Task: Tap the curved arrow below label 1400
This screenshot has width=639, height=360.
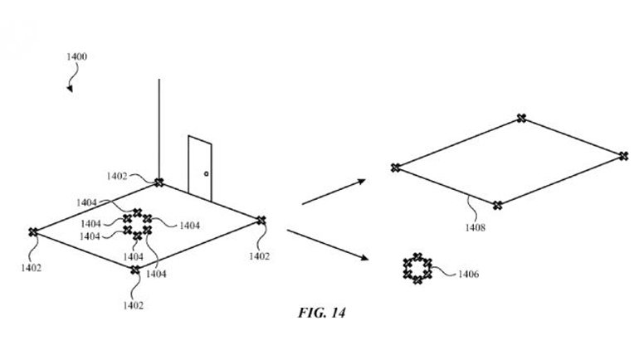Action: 71,80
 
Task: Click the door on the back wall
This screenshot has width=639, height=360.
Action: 199,166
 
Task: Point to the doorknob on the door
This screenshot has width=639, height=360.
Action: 206,175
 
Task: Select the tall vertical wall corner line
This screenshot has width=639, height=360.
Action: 159,124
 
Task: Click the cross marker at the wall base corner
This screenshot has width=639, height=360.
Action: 159,182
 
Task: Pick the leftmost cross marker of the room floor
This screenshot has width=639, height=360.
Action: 33,232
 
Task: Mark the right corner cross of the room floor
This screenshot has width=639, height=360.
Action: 261,220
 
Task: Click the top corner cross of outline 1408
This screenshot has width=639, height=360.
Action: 521,118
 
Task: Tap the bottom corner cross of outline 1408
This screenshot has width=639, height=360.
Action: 497,205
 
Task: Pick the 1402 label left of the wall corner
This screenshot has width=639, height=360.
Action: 117,176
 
